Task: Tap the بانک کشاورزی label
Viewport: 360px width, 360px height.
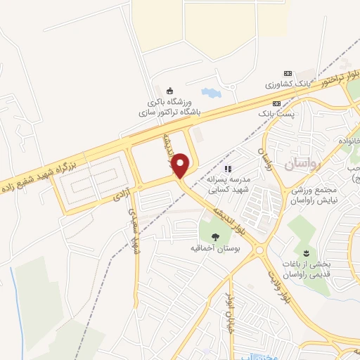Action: click(x=288, y=84)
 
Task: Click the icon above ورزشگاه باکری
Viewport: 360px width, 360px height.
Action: click(x=169, y=90)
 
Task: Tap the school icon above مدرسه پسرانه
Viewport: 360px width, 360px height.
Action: click(x=227, y=169)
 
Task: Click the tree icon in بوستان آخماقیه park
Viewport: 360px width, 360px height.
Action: click(x=215, y=236)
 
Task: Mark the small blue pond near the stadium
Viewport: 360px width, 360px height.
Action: click(x=210, y=92)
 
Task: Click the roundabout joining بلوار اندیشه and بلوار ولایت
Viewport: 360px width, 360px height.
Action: click(x=259, y=249)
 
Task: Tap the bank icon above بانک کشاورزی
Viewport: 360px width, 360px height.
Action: click(x=287, y=72)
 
